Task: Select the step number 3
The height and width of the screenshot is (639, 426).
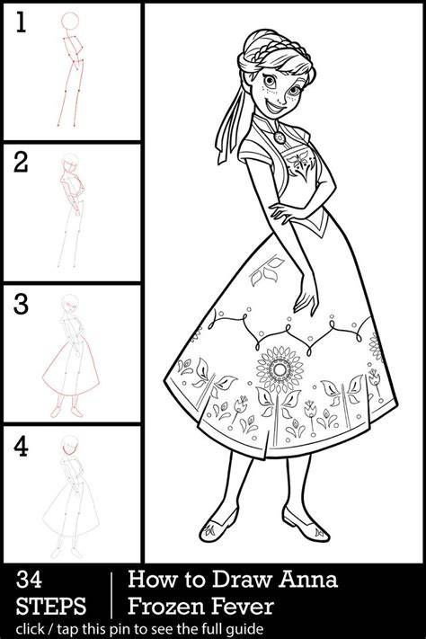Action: point(21,304)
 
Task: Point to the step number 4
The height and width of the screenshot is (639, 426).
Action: point(21,447)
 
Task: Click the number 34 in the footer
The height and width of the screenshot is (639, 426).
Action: point(29,579)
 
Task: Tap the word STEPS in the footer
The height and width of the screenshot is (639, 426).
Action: point(51,606)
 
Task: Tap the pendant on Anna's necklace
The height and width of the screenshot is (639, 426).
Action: point(280,137)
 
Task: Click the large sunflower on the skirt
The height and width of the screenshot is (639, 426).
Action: point(280,368)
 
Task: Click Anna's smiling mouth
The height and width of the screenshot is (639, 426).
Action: point(277,108)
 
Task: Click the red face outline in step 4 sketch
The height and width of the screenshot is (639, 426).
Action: point(68,448)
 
